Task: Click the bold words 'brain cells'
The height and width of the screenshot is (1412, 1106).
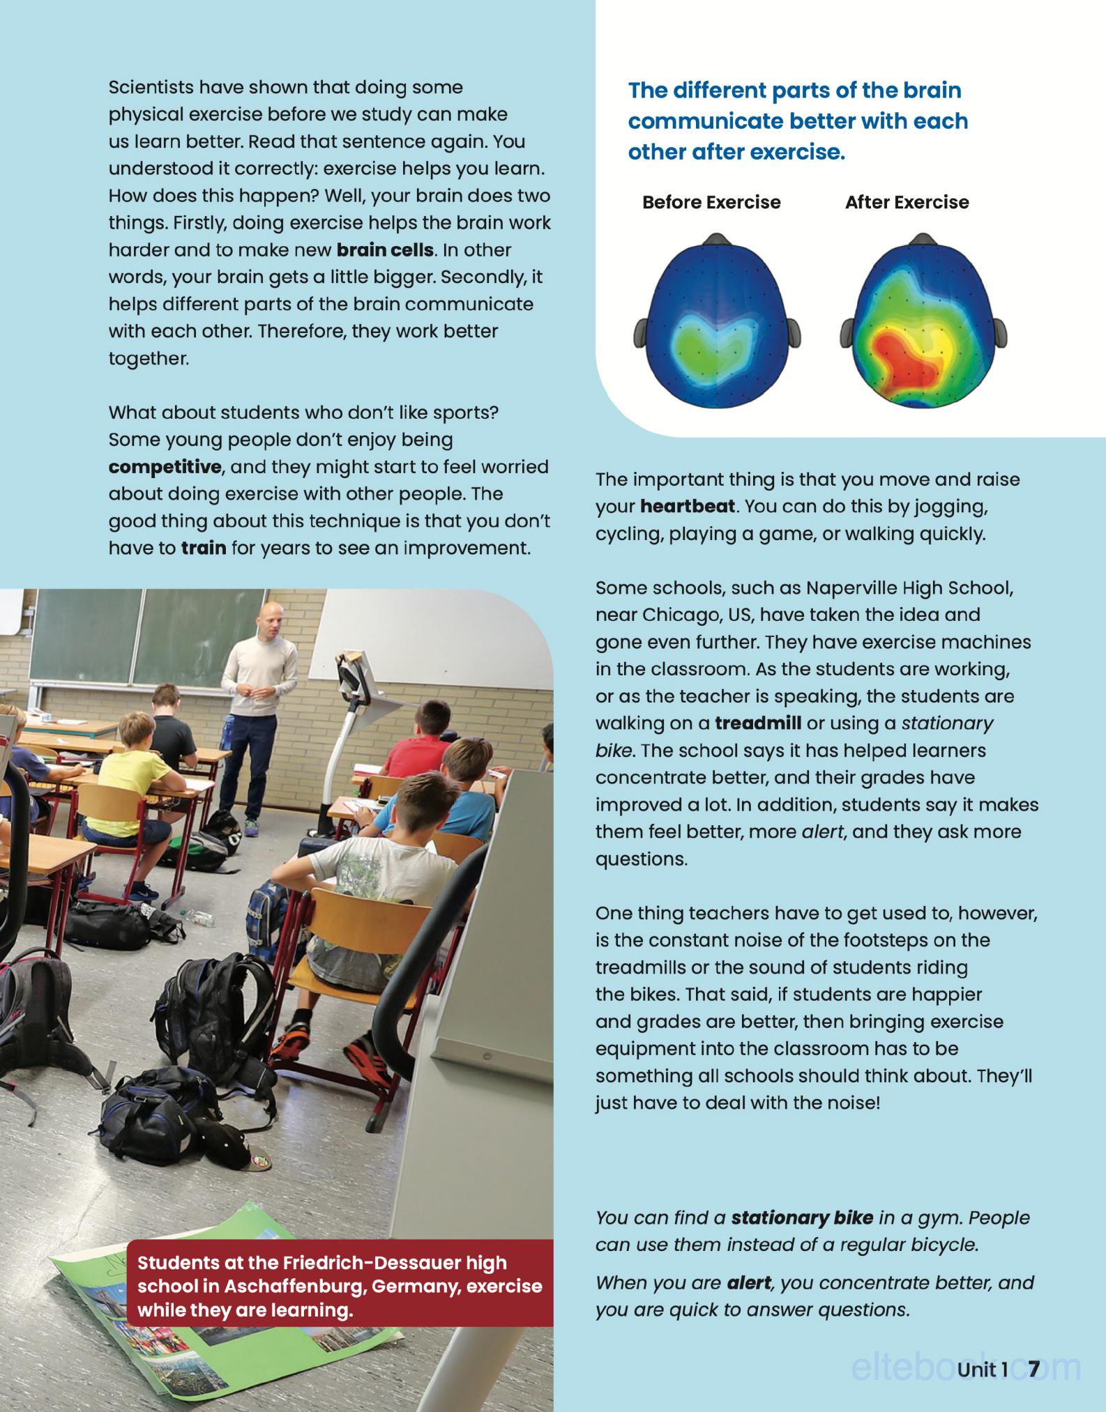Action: click(x=385, y=250)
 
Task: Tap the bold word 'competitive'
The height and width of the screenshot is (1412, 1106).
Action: click(x=165, y=467)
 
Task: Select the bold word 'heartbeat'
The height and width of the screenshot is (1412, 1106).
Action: click(x=688, y=507)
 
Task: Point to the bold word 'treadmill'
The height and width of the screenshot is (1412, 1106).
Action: click(x=758, y=723)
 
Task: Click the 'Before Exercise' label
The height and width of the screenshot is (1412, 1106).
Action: click(x=711, y=203)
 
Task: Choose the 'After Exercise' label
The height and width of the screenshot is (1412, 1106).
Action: click(x=907, y=203)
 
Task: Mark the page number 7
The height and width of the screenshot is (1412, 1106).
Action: click(x=1033, y=1369)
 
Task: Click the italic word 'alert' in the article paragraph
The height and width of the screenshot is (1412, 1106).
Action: click(x=823, y=832)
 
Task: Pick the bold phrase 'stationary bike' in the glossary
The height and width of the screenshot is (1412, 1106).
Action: click(x=802, y=1218)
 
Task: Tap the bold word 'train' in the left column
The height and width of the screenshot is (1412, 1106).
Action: click(x=204, y=548)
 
